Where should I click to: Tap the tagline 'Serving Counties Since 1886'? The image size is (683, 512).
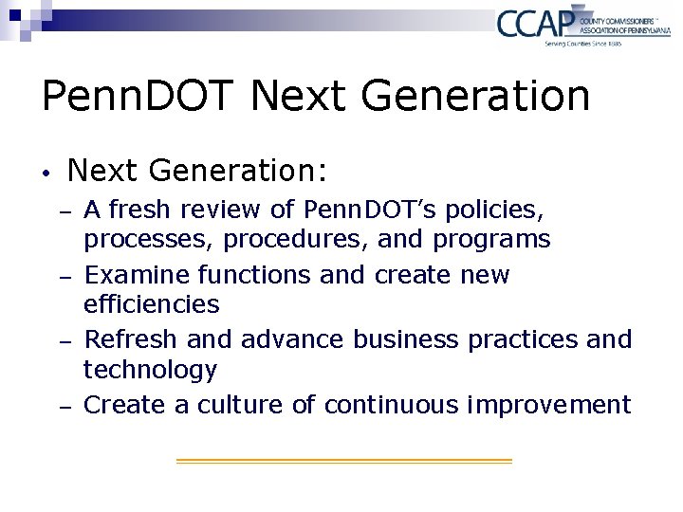click(x=582, y=43)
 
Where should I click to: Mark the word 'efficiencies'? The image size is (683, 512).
click(x=152, y=304)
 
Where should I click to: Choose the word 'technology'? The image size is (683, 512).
click(x=150, y=370)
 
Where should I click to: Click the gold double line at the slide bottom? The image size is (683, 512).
click(x=343, y=461)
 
